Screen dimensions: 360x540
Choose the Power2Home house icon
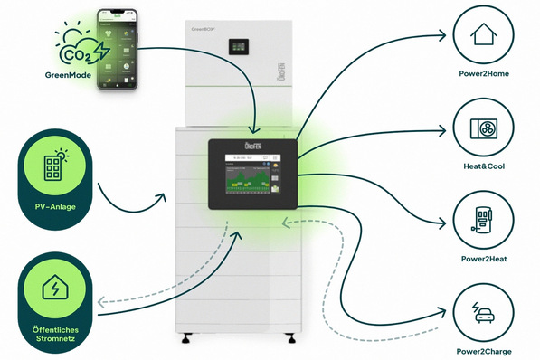point(486,35)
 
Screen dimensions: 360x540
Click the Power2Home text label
point(486,74)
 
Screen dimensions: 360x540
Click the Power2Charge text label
point(486,350)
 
